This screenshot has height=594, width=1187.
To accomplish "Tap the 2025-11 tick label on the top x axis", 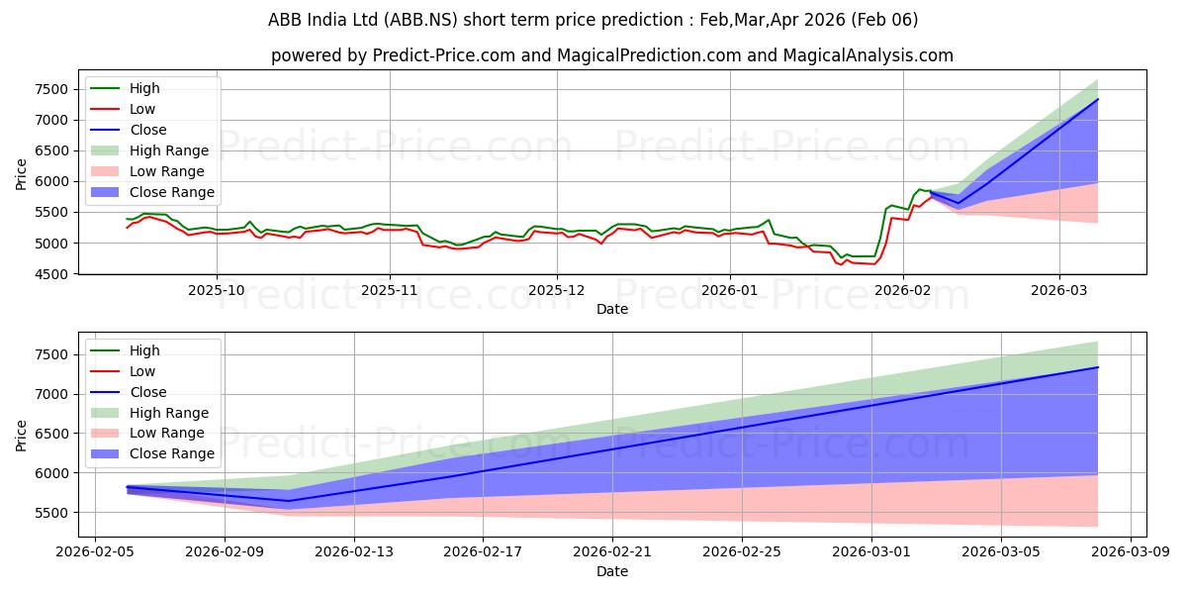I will [390, 291].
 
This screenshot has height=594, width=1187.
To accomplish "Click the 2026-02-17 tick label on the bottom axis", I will [483, 553].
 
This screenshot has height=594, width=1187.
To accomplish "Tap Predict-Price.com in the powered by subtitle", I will [443, 55].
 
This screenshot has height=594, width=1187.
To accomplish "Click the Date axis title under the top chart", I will [612, 309].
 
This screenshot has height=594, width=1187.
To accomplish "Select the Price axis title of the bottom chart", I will [22, 434].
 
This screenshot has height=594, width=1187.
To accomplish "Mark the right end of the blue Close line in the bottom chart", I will [1098, 367].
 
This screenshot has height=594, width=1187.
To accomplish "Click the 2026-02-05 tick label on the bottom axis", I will [95, 553].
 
